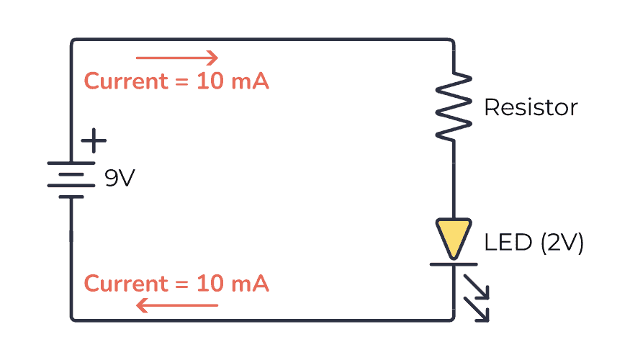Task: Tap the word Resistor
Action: [531, 107]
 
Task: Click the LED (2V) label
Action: [534, 243]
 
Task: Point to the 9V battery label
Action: [120, 179]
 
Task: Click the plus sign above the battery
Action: [93, 140]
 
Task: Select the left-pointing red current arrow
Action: [176, 306]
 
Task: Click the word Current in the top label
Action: [125, 81]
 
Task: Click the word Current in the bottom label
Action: [125, 284]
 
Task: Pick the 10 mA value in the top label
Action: [233, 81]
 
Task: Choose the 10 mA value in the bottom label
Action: [233, 284]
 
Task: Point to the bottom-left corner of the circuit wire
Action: [73, 318]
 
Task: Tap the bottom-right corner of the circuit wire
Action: [452, 318]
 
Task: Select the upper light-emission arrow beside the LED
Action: [477, 287]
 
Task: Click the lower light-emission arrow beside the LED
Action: [477, 309]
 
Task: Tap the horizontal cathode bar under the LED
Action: [454, 264]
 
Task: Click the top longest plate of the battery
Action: [71, 163]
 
